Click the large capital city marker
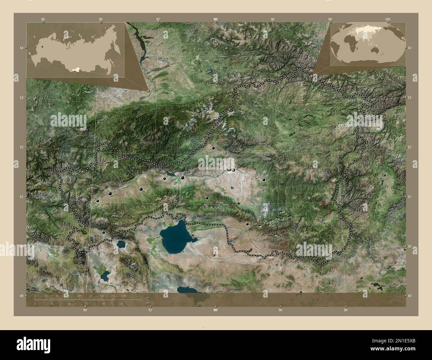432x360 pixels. coord(229,169)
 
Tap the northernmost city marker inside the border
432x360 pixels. coord(213,148)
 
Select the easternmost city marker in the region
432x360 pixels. coord(264,180)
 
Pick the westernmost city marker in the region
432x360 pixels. coord(97,201)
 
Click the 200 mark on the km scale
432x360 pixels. coord(124,296)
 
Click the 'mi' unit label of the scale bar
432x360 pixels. coord(148,303)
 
